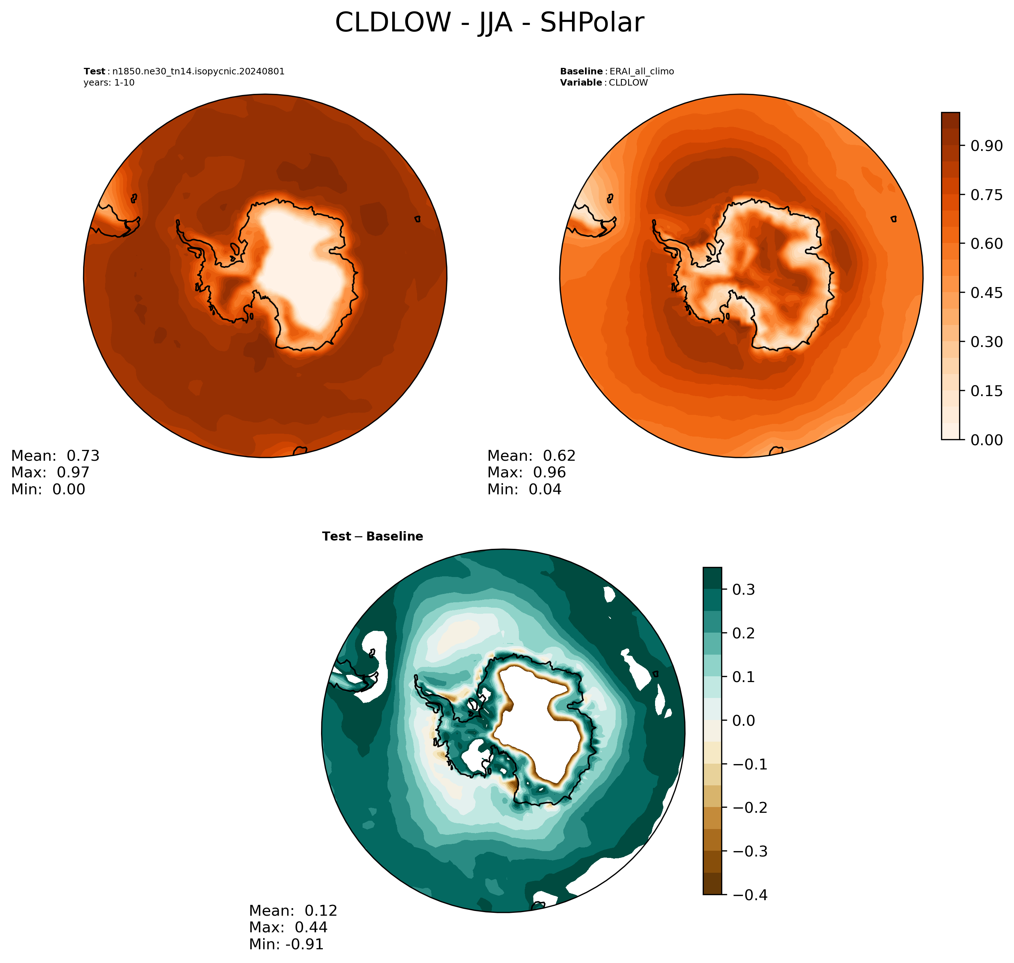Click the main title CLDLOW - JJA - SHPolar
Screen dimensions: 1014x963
click(489, 23)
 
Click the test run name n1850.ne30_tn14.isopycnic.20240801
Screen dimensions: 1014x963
click(198, 71)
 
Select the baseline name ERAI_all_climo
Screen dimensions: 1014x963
click(641, 71)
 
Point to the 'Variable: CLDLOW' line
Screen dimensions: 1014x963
click(604, 83)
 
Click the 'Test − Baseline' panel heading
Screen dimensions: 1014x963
click(372, 537)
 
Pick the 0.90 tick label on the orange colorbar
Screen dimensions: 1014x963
click(986, 146)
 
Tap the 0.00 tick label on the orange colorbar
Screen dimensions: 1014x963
click(986, 440)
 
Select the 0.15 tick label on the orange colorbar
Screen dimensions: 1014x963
click(986, 391)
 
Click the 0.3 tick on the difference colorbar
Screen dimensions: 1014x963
click(744, 590)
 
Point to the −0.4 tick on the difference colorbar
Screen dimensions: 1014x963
click(750, 895)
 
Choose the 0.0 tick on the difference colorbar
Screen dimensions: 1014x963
click(744, 721)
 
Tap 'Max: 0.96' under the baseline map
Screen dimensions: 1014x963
click(526, 472)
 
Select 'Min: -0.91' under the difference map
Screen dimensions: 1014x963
click(286, 944)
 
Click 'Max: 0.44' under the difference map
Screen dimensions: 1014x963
click(288, 927)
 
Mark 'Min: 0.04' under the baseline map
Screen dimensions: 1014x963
click(524, 489)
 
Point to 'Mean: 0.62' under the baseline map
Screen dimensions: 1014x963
click(532, 456)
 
